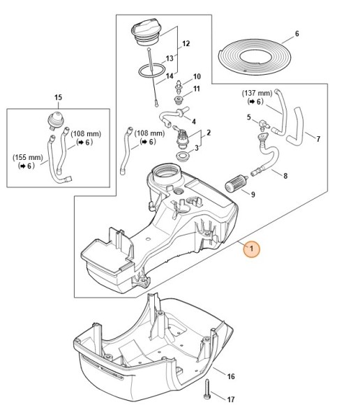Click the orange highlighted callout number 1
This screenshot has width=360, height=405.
pyautogui.click(x=251, y=249)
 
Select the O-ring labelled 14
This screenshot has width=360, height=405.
pyautogui.click(x=151, y=71)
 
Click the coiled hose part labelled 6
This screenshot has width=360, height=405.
pyautogui.click(x=255, y=57)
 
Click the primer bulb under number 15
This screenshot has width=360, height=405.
pyautogui.click(x=56, y=120)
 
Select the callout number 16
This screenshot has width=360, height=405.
pyautogui.click(x=231, y=376)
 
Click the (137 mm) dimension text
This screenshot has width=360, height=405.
pyautogui.click(x=257, y=93)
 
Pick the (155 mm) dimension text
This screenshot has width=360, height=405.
pyautogui.click(x=28, y=157)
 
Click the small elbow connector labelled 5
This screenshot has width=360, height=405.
pyautogui.click(x=264, y=124)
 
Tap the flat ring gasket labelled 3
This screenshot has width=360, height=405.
pyautogui.click(x=183, y=156)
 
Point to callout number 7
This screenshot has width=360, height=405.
pyautogui.click(x=318, y=139)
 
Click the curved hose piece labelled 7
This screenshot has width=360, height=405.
pyautogui.click(x=297, y=126)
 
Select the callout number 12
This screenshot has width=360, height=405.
pyautogui.click(x=186, y=44)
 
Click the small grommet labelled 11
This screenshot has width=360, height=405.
pyautogui.click(x=178, y=100)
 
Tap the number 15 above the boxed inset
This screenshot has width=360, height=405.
pyautogui.click(x=59, y=97)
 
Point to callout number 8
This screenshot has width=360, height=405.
pyautogui.click(x=285, y=176)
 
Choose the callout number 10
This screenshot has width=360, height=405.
pyautogui.click(x=197, y=76)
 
